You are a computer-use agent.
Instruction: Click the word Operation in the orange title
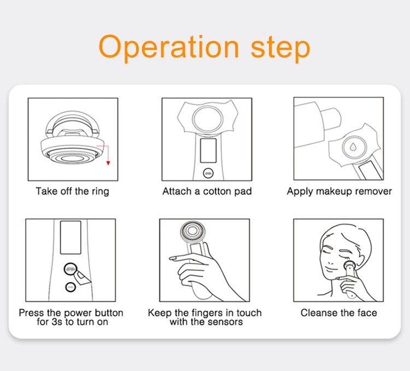169,48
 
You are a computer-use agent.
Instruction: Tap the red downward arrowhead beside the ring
108,163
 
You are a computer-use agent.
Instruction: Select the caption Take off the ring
72,191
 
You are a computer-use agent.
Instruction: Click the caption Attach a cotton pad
207,191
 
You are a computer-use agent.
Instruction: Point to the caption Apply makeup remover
339,191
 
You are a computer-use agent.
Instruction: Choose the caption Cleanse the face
338,313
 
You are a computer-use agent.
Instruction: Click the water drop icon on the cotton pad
353,147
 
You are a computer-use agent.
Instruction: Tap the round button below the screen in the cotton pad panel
208,173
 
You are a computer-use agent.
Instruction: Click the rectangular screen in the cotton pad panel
208,150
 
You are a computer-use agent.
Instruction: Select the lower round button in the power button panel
70,287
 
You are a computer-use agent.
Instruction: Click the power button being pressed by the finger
71,269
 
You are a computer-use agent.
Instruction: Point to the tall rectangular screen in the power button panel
71,238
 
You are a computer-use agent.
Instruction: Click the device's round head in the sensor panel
193,231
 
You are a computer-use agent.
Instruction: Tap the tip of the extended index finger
171,258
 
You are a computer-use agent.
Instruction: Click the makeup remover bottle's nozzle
331,119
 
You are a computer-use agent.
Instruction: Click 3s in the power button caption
57,322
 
